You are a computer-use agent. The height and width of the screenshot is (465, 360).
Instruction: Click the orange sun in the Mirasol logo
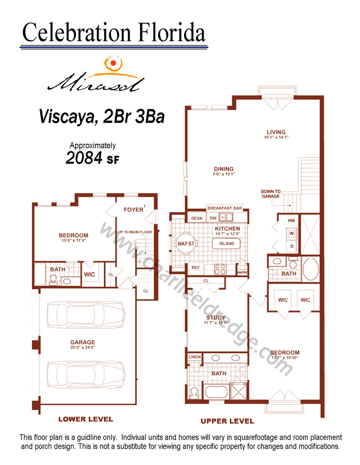click(x=113, y=63)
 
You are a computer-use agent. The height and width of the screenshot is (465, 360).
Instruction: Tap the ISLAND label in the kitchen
click(x=227, y=243)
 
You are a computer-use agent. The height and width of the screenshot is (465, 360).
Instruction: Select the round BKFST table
click(x=186, y=243)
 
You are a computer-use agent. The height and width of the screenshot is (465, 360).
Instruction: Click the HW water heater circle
click(x=291, y=220)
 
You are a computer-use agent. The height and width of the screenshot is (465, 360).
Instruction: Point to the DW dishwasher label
click(x=213, y=218)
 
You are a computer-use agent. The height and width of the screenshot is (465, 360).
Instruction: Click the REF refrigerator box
click(x=195, y=268)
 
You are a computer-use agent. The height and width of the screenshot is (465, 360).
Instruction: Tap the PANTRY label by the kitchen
click(x=242, y=272)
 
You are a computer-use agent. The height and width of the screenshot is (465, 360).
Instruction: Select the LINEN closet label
click(x=195, y=357)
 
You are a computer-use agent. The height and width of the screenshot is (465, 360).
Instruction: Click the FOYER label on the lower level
click(x=134, y=210)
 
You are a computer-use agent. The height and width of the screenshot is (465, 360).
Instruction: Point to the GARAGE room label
click(x=83, y=342)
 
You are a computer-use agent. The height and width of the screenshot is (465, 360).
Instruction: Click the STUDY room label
click(x=216, y=317)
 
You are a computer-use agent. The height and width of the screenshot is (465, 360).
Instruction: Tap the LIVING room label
click(x=276, y=132)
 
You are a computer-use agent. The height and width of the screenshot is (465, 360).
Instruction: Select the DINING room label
click(x=224, y=169)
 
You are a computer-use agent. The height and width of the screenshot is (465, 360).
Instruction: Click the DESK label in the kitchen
click(x=197, y=218)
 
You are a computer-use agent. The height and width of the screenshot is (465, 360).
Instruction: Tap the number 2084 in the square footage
click(x=84, y=158)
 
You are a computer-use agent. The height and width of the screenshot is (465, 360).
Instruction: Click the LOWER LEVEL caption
click(x=86, y=419)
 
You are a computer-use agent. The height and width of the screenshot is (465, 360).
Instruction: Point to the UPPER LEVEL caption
click(x=227, y=421)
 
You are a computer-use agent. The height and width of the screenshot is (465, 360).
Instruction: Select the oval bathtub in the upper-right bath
click(x=310, y=269)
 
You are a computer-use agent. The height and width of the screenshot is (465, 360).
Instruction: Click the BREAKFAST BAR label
click(x=225, y=208)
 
